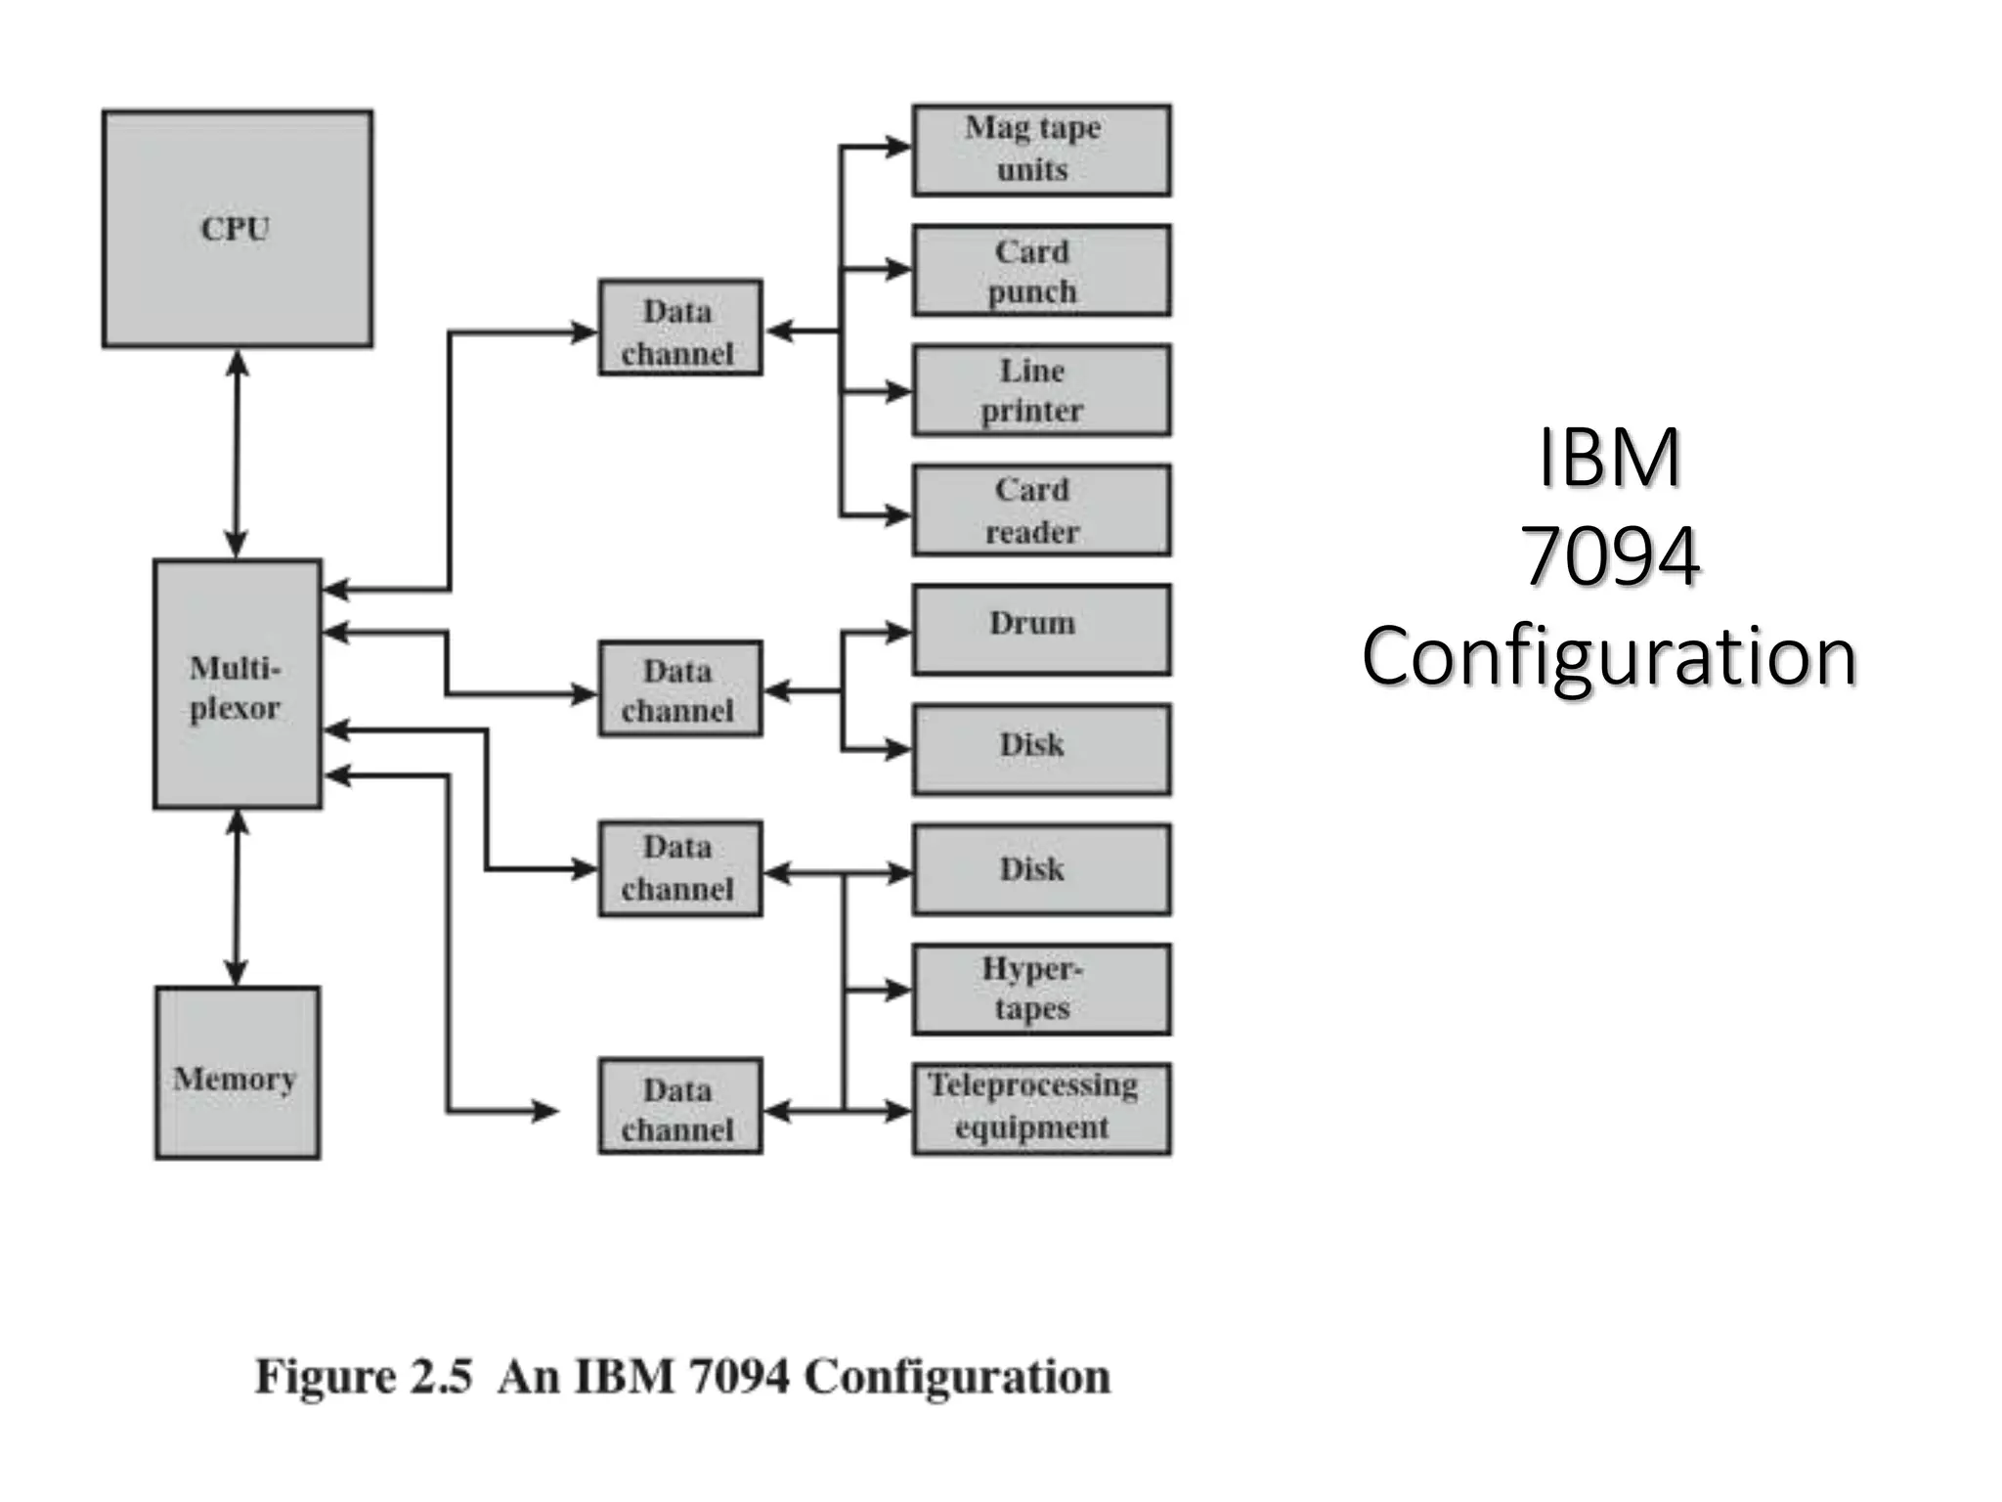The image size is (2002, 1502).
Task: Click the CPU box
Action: pyautogui.click(x=237, y=228)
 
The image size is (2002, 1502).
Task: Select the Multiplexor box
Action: pyautogui.click(x=237, y=685)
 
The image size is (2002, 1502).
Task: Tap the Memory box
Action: pyautogui.click(x=237, y=1073)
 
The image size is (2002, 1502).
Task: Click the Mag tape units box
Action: pyautogui.click(x=1041, y=150)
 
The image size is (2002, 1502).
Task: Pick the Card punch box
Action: pyautogui.click(x=1041, y=270)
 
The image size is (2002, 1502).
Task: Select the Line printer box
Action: pyautogui.click(x=1041, y=389)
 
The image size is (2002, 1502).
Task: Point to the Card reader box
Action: pyautogui.click(x=1041, y=509)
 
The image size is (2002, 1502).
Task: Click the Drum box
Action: pyautogui.click(x=1041, y=629)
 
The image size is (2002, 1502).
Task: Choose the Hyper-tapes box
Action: pyautogui.click(x=1041, y=989)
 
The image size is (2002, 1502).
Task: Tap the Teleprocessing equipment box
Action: pyautogui.click(x=1041, y=1108)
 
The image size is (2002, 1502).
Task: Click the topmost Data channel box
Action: pyautogui.click(x=679, y=328)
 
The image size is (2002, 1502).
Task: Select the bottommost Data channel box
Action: pyautogui.click(x=679, y=1106)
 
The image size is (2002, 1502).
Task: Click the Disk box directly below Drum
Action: pyautogui.click(x=1041, y=748)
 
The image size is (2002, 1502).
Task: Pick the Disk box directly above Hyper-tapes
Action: pyautogui.click(x=1041, y=868)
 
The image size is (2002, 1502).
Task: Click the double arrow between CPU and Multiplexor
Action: pyautogui.click(x=237, y=453)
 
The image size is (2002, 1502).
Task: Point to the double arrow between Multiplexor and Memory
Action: pyautogui.click(x=237, y=897)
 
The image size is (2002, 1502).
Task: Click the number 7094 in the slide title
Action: pyautogui.click(x=1609, y=555)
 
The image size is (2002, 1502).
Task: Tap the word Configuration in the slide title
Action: pyautogui.click(x=1609, y=655)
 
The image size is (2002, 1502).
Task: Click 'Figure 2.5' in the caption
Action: pyautogui.click(x=364, y=1377)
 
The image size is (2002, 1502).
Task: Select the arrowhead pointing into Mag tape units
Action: pyautogui.click(x=898, y=148)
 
